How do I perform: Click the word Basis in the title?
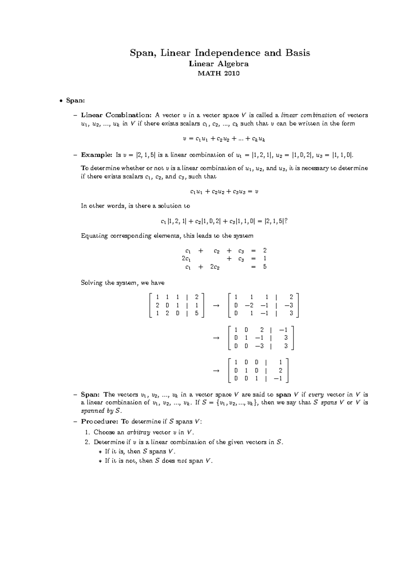297,53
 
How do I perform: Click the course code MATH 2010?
219,73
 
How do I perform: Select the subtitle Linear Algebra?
219,64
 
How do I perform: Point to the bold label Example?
97,155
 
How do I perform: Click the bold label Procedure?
100,421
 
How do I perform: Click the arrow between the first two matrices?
216,305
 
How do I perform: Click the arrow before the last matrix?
216,371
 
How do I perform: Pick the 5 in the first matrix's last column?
197,313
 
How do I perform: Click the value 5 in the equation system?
265,267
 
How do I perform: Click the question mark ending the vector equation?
286,221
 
